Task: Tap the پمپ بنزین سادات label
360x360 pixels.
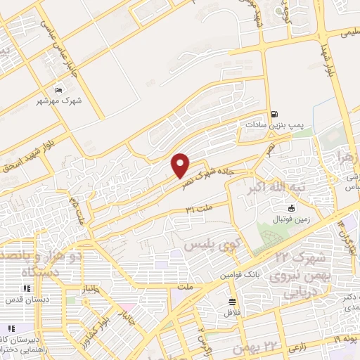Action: [274, 124]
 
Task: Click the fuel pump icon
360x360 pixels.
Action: [274, 112]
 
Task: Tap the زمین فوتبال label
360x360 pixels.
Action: [292, 218]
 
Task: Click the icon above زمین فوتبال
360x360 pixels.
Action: [292, 207]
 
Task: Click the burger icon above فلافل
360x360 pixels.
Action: [231, 302]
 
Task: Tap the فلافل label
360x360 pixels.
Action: [231, 312]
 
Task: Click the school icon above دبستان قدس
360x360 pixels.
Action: [26, 288]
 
